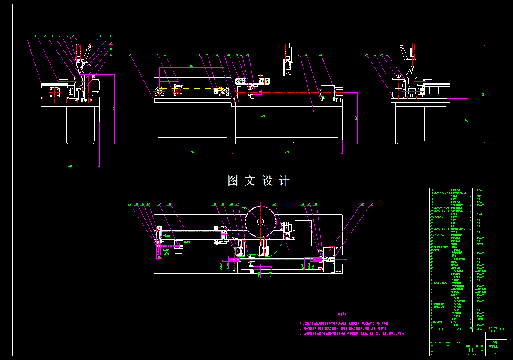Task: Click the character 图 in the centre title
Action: coord(233,181)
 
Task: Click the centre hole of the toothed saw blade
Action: coord(260,222)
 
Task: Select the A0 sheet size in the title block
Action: coord(496,352)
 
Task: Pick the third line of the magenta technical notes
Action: coord(351,333)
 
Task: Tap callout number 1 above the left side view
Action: coord(25,36)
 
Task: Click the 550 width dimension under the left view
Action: coord(70,165)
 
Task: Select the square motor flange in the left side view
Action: coord(54,92)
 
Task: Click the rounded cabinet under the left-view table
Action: coord(81,125)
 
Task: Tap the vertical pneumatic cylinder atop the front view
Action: coord(287,58)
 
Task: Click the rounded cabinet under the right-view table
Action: coord(410,125)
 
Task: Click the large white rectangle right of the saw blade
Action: coord(303,233)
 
